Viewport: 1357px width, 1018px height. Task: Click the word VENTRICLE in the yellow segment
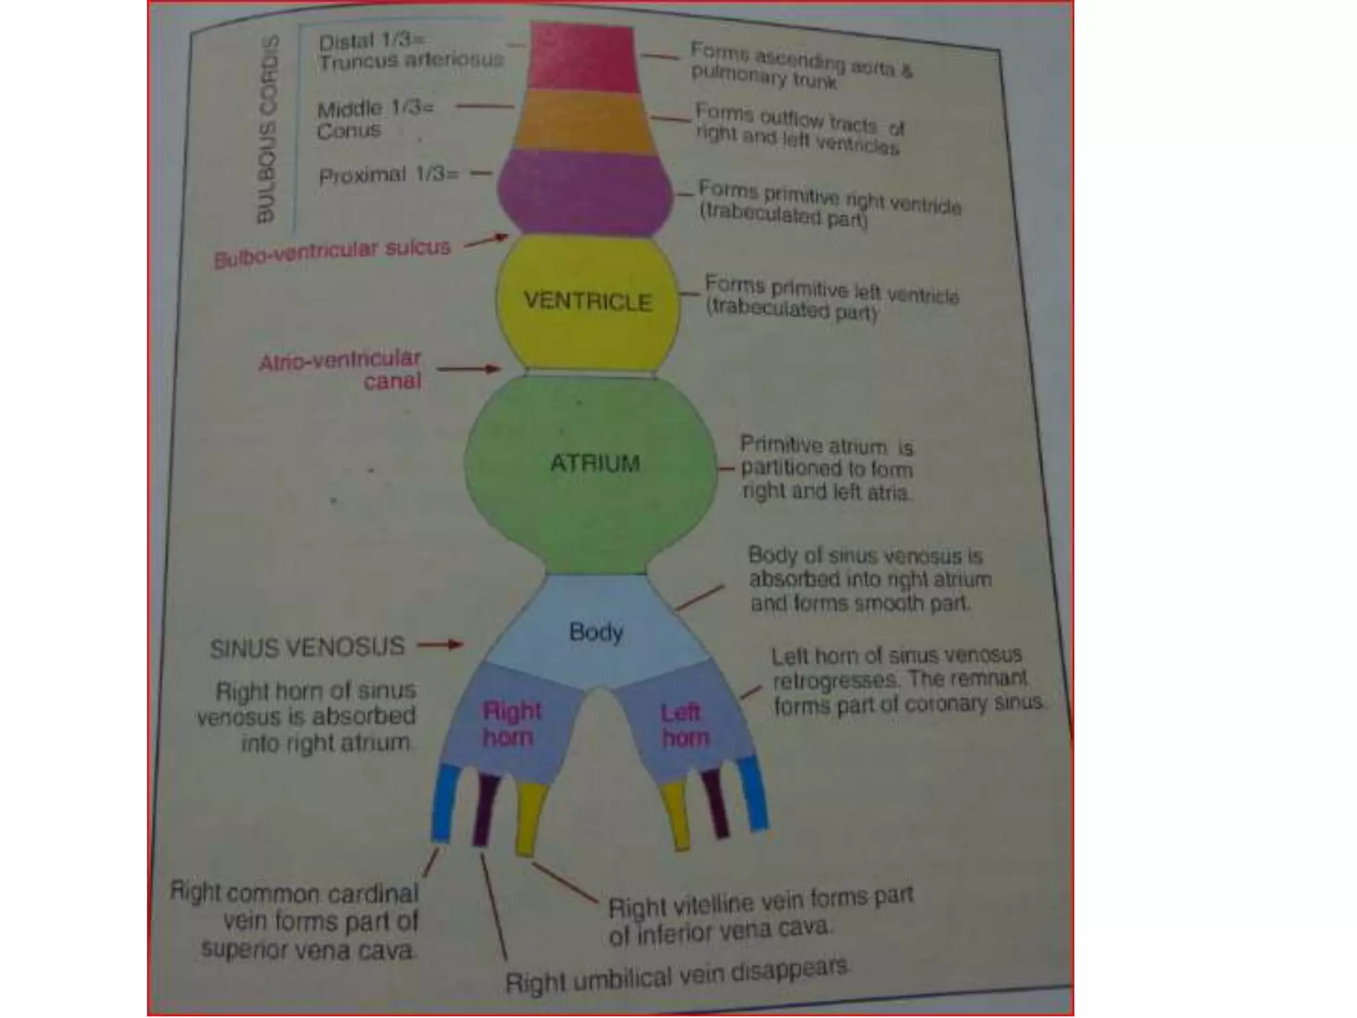click(x=588, y=302)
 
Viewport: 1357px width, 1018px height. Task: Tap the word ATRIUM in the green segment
click(x=595, y=463)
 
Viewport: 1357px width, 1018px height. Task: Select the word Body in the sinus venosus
click(x=596, y=632)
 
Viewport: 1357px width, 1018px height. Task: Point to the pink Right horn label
click(x=511, y=724)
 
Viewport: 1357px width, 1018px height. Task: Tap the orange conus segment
click(x=583, y=122)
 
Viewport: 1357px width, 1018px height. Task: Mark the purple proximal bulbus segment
click(x=585, y=192)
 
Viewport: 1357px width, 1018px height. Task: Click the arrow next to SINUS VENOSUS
click(x=440, y=644)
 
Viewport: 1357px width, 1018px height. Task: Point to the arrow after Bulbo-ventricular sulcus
click(x=486, y=241)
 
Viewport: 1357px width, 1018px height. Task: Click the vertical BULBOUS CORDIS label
click(x=266, y=129)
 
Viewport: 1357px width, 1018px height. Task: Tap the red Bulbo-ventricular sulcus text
click(x=332, y=253)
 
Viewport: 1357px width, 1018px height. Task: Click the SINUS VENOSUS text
click(x=307, y=648)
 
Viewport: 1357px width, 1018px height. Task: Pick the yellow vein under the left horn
click(x=677, y=815)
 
